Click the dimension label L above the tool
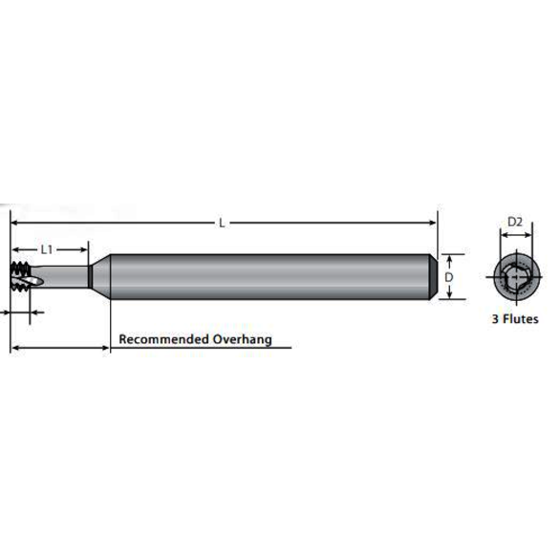[x=222, y=224]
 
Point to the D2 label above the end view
[x=514, y=223]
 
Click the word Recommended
[x=162, y=339]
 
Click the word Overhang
[x=243, y=339]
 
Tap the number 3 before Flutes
[x=494, y=320]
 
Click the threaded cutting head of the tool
[x=22, y=276]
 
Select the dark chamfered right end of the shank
[x=441, y=277]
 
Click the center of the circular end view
[x=514, y=276]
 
